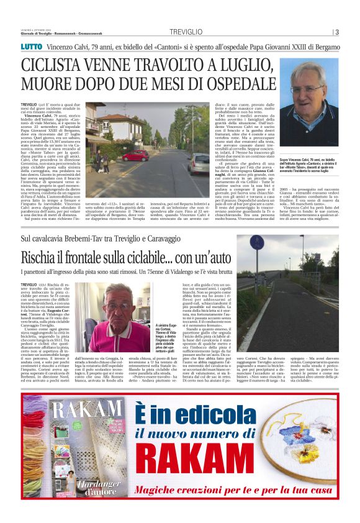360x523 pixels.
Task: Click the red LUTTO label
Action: tap(32, 47)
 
